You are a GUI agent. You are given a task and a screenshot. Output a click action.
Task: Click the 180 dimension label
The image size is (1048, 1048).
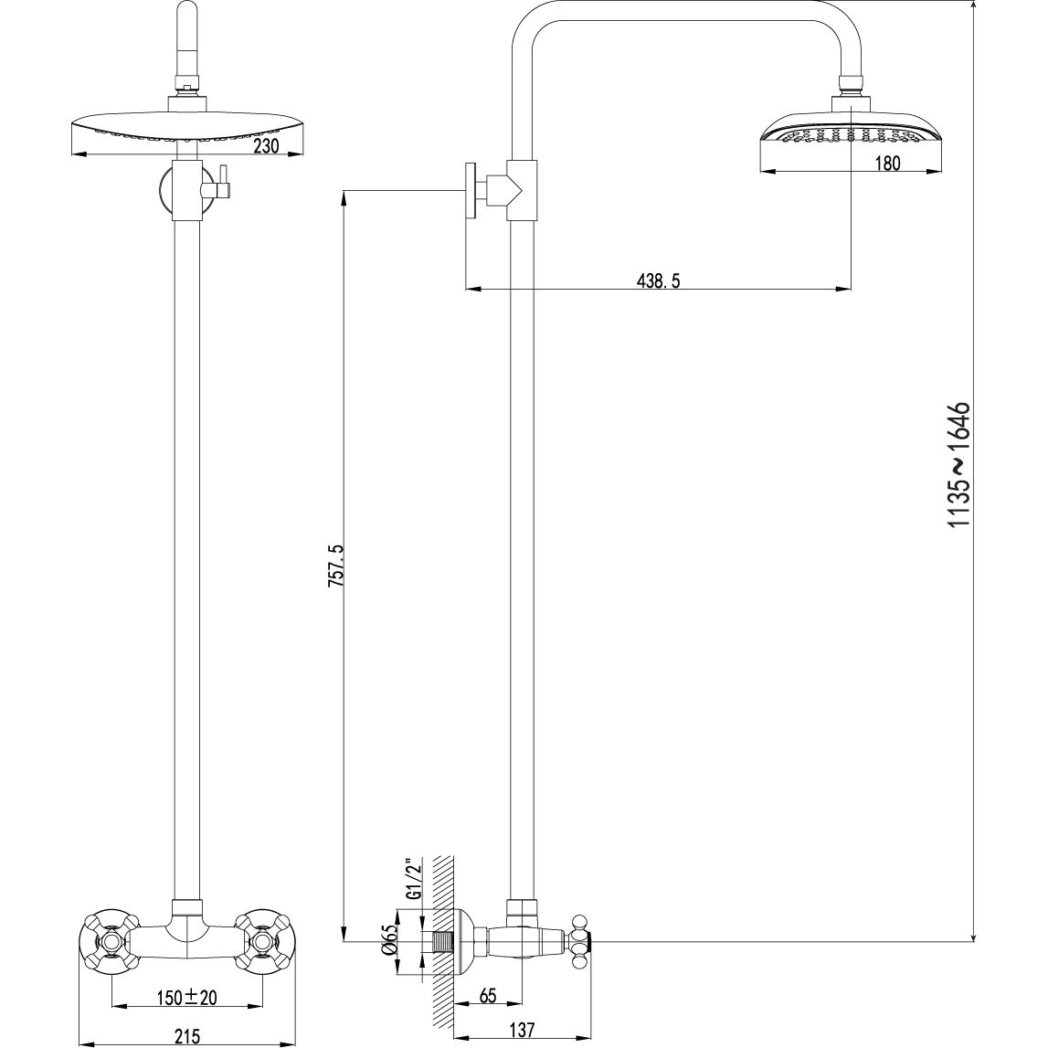(886, 164)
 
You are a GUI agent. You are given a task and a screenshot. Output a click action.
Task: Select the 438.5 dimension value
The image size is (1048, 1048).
(658, 281)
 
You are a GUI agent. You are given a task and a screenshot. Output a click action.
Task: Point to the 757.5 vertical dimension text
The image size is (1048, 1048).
(333, 566)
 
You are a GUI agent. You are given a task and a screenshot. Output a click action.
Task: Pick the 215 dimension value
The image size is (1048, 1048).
(186, 1035)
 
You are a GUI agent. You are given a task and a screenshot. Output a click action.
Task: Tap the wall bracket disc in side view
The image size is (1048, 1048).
(471, 191)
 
